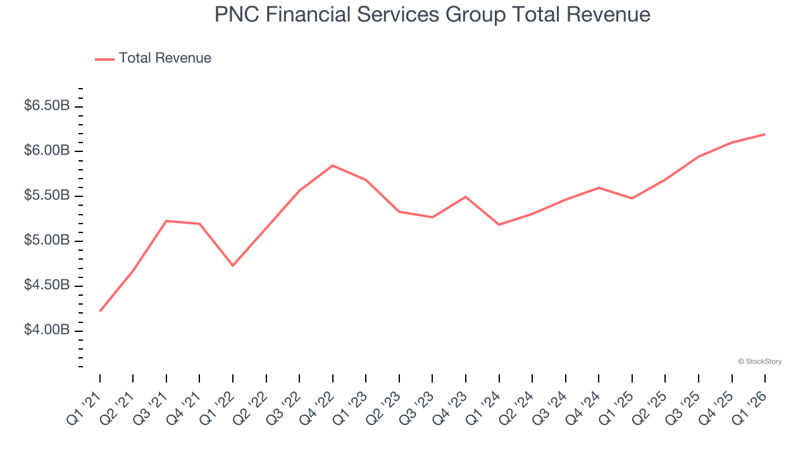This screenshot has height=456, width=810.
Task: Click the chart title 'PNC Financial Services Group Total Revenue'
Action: point(432,15)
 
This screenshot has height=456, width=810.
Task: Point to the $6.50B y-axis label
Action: point(47,106)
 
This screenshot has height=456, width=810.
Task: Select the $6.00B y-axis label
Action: point(47,151)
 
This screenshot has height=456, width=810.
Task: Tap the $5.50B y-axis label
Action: point(47,196)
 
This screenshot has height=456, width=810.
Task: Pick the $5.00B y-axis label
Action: point(47,241)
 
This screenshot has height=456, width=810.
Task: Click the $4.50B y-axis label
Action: point(47,286)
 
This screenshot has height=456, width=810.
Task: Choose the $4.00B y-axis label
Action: point(47,331)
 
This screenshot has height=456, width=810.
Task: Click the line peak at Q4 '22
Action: point(333,165)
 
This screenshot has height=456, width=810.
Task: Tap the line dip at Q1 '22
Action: point(233,265)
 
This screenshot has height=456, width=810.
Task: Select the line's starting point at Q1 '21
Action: point(100,311)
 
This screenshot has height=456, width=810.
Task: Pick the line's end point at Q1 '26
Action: point(765,134)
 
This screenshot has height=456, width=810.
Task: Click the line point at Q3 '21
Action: point(166,221)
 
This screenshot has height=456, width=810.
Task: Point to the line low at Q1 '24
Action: point(499,225)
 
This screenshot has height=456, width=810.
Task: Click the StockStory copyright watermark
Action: point(759,362)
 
